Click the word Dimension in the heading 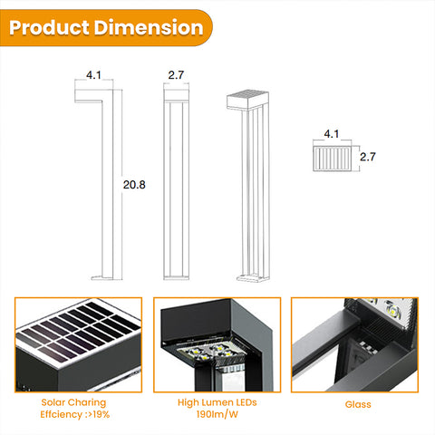point(148,27)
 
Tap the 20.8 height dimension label point(135,185)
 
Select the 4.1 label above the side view point(93,75)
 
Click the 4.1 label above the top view point(331,135)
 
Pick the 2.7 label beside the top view point(368,157)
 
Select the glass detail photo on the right point(354,344)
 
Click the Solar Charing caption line point(75,401)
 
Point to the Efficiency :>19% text point(75,413)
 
